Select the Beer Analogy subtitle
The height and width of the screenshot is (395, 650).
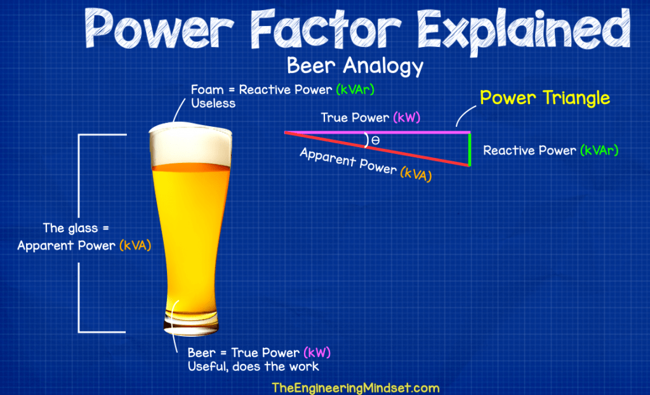[x=355, y=65]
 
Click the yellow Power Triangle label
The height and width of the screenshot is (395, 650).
[x=545, y=98]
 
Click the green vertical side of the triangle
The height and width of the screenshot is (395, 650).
[x=470, y=149]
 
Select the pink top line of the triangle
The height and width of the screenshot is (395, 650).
[x=381, y=133]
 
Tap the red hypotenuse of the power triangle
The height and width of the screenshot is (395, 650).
[x=381, y=149]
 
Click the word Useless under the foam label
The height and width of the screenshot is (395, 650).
[x=213, y=103]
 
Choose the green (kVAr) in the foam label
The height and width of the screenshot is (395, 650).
[x=355, y=90]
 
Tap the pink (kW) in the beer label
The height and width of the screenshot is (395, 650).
[x=317, y=353]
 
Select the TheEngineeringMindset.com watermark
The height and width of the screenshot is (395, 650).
[x=355, y=387]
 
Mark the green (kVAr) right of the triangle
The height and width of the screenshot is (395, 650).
[x=597, y=151]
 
